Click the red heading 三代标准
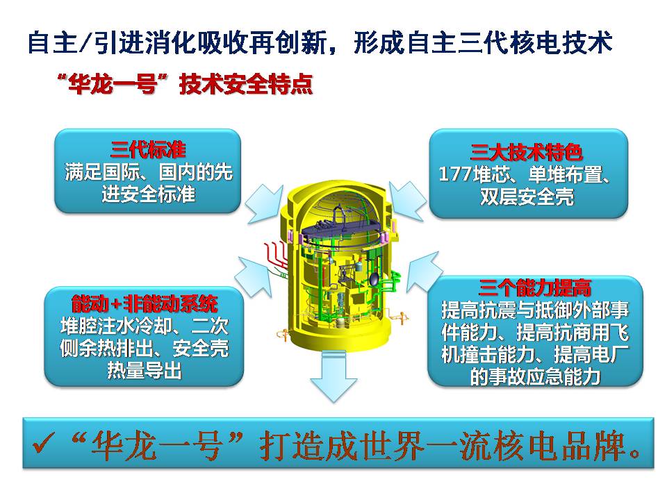[x=148, y=150]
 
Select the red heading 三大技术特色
[x=526, y=152]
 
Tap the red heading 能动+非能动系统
[x=145, y=303]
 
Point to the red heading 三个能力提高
[x=535, y=287]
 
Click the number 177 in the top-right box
[x=454, y=174]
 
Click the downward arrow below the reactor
[x=333, y=376]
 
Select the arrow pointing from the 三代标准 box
[x=265, y=204]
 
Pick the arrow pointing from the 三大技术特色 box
[x=407, y=201]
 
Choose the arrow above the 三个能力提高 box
[x=424, y=272]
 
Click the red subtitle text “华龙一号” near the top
[x=113, y=84]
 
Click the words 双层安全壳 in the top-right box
[x=527, y=197]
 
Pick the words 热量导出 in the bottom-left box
[x=145, y=370]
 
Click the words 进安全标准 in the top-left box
[x=148, y=194]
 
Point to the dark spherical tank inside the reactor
[x=374, y=279]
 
